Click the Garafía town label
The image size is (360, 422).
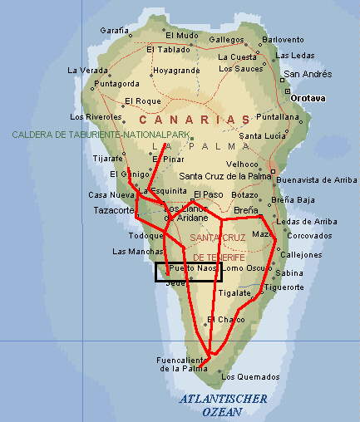[x=115, y=30]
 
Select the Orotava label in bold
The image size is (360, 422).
[x=308, y=97]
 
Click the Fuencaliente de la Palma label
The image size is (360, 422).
[x=181, y=364]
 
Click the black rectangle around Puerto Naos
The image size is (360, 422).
[x=189, y=272]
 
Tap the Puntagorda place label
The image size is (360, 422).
[x=116, y=84]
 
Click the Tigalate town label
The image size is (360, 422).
[x=234, y=292]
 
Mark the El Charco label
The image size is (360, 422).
[x=226, y=319]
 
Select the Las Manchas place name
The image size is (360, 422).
[x=131, y=251]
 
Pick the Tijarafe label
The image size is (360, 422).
[x=106, y=157]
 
